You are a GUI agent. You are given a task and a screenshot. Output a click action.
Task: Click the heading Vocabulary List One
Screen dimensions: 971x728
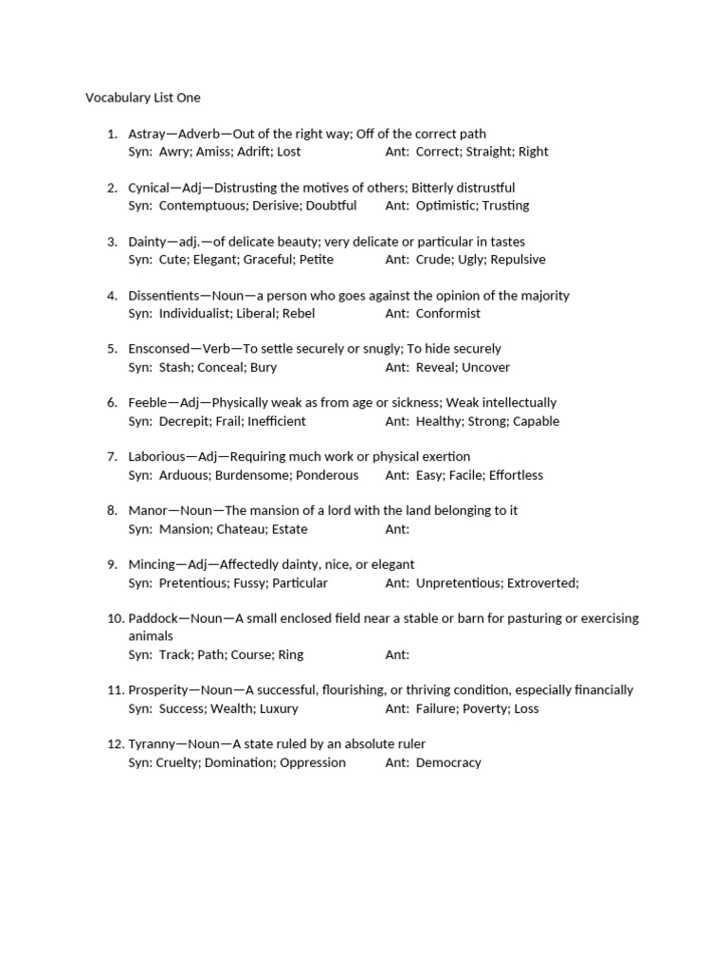click(x=143, y=98)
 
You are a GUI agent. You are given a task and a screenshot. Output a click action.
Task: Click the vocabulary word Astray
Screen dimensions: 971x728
click(x=146, y=134)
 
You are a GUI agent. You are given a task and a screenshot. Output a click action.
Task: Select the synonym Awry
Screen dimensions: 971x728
click(x=175, y=152)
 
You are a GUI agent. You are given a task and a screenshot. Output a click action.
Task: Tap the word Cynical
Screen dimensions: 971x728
click(x=149, y=188)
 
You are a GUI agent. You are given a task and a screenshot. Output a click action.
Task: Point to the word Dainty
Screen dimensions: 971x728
click(x=148, y=242)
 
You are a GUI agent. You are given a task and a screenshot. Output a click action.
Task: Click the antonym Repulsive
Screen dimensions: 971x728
click(x=518, y=260)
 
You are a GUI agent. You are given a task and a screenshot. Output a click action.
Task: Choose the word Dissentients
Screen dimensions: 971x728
click(x=163, y=296)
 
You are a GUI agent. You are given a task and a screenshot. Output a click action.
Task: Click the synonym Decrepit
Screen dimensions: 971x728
click(x=186, y=422)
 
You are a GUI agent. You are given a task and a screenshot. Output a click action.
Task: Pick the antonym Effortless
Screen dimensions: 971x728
click(x=516, y=475)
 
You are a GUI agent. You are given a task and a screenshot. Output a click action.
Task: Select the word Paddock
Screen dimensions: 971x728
click(x=154, y=618)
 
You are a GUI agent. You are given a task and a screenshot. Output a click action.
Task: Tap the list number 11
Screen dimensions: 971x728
click(x=114, y=690)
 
